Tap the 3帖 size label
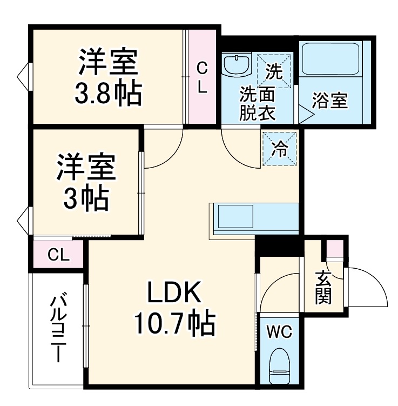tap(86, 200)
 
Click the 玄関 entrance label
tap(323, 287)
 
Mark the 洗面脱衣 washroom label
tap(258, 103)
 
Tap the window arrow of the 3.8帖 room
tap(23, 74)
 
